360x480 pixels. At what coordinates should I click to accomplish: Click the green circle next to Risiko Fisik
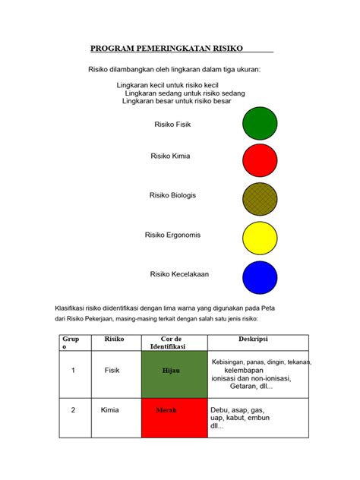pyautogui.click(x=260, y=125)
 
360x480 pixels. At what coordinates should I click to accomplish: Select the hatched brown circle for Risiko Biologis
pyautogui.click(x=260, y=197)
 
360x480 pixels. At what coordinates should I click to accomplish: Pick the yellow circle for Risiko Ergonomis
pyautogui.click(x=260, y=237)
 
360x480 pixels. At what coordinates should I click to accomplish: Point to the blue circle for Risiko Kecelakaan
pyautogui.click(x=260, y=276)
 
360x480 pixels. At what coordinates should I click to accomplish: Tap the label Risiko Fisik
pyautogui.click(x=172, y=123)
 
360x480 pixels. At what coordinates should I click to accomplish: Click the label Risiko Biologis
pyautogui.click(x=172, y=195)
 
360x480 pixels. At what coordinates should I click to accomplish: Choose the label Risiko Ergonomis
pyautogui.click(x=172, y=235)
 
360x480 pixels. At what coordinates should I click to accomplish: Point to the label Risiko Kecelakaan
pyautogui.click(x=179, y=274)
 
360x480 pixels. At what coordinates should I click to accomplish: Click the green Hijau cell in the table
pyautogui.click(x=173, y=372)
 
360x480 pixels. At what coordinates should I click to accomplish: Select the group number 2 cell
pyautogui.click(x=73, y=410)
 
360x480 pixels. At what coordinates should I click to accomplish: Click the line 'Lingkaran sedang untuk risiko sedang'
pyautogui.click(x=189, y=93)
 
